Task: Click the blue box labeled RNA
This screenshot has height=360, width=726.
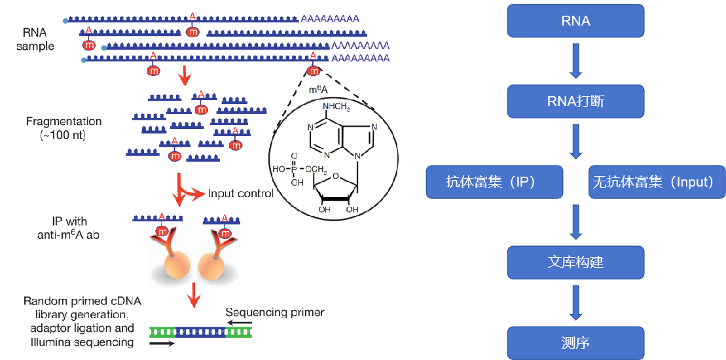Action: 575,21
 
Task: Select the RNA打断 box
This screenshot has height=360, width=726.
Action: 575,101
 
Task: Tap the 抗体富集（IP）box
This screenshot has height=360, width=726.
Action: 494,182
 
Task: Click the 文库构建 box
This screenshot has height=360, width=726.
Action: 575,263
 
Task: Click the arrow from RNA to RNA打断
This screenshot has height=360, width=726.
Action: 575,61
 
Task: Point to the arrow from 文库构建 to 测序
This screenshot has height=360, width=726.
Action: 575,303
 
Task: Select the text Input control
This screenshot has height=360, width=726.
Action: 240,194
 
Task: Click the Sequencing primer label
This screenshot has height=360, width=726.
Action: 274,312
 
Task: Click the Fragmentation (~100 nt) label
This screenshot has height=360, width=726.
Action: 64,128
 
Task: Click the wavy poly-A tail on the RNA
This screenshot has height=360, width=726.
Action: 360,45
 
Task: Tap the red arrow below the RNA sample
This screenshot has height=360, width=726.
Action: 185,77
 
